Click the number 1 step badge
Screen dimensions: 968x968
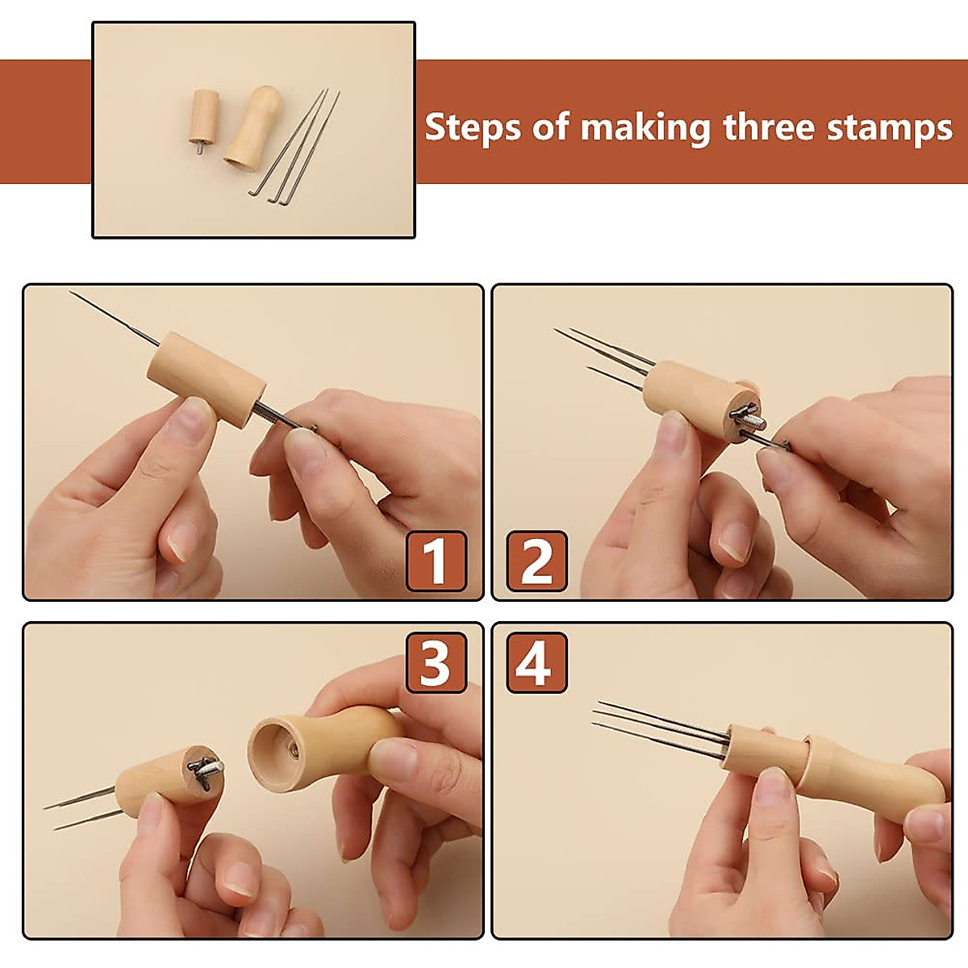(x=436, y=561)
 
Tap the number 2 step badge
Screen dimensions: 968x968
(x=537, y=561)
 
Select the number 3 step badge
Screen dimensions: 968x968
(x=436, y=662)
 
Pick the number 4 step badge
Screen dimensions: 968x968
(x=537, y=662)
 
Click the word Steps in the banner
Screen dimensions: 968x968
(x=473, y=127)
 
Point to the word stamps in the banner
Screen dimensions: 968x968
(x=889, y=128)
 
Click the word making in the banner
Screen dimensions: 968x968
(x=645, y=129)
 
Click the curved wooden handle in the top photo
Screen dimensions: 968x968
(x=253, y=128)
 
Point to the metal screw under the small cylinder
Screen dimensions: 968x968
(x=200, y=148)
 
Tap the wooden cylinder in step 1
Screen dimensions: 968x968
(x=207, y=380)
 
